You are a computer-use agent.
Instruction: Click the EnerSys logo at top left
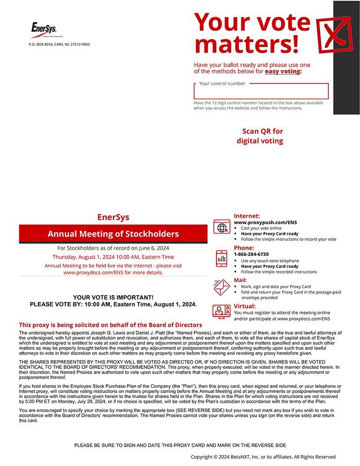[44, 29]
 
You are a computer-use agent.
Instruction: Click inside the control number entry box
[261, 92]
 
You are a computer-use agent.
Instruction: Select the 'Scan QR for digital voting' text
[260, 136]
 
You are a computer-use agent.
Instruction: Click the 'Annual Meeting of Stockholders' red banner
[113, 234]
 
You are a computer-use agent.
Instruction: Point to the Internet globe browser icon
[222, 227]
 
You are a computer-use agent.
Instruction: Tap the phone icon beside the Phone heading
[222, 258]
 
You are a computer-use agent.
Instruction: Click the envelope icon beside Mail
[222, 287]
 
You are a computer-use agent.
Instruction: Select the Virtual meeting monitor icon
[222, 311]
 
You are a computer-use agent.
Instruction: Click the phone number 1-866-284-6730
[251, 254]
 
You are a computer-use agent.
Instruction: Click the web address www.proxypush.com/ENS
[265, 223]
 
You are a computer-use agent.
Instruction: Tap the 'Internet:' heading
[247, 216]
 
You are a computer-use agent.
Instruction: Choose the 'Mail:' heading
[240, 280]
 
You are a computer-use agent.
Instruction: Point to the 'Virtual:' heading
[245, 306]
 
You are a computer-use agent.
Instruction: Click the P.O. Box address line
[59, 44]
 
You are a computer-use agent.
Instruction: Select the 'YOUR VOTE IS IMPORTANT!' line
[113, 297]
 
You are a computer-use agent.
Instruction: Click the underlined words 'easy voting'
[282, 71]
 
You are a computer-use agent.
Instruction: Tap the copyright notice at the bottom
[263, 457]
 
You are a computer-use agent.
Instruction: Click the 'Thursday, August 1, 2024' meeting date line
[113, 257]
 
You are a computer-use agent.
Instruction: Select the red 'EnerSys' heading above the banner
[113, 217]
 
